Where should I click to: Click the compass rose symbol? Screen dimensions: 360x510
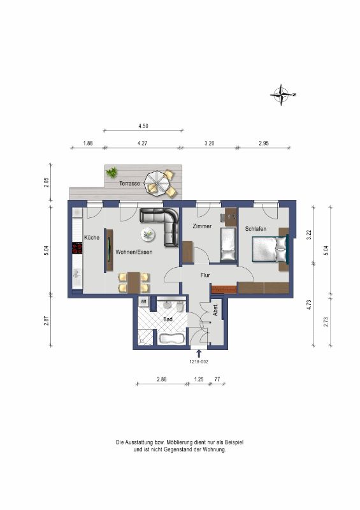point(282,94)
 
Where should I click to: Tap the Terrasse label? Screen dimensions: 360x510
point(129,184)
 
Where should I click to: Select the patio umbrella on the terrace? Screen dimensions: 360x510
point(156,184)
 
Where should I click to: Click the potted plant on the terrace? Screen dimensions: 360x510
point(112,172)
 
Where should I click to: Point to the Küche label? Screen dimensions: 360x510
point(92,237)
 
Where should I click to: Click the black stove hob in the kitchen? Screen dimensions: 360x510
point(77,248)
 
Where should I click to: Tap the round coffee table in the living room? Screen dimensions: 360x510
point(148,233)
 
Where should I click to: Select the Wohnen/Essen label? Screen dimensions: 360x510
point(134,252)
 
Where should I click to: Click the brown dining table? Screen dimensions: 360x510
point(134,282)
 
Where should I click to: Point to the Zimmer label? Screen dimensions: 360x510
point(202,226)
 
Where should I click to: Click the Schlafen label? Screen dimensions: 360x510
point(256,229)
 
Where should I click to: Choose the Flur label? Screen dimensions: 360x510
point(205,275)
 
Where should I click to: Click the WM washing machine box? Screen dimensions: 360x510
point(143,302)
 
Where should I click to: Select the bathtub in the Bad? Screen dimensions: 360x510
point(171,339)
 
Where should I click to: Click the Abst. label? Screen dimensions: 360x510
point(215,310)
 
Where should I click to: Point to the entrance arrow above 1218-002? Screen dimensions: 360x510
point(199,354)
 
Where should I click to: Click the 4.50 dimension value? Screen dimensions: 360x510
point(143,126)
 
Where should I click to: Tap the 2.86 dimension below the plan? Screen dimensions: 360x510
point(162,379)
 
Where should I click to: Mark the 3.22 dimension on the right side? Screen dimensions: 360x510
point(309,235)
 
